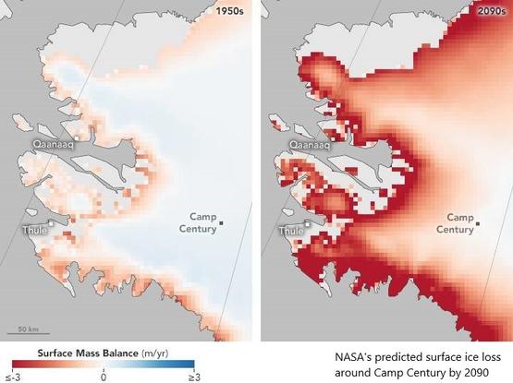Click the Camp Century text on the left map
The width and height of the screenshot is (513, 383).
coord(198,221)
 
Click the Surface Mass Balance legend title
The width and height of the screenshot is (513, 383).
coord(88,353)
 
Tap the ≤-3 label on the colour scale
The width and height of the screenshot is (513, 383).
coord(13,377)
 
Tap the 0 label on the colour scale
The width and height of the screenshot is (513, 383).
coord(104,377)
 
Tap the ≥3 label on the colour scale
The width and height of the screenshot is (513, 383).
coord(194,377)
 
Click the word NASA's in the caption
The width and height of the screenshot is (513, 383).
coord(355,355)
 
